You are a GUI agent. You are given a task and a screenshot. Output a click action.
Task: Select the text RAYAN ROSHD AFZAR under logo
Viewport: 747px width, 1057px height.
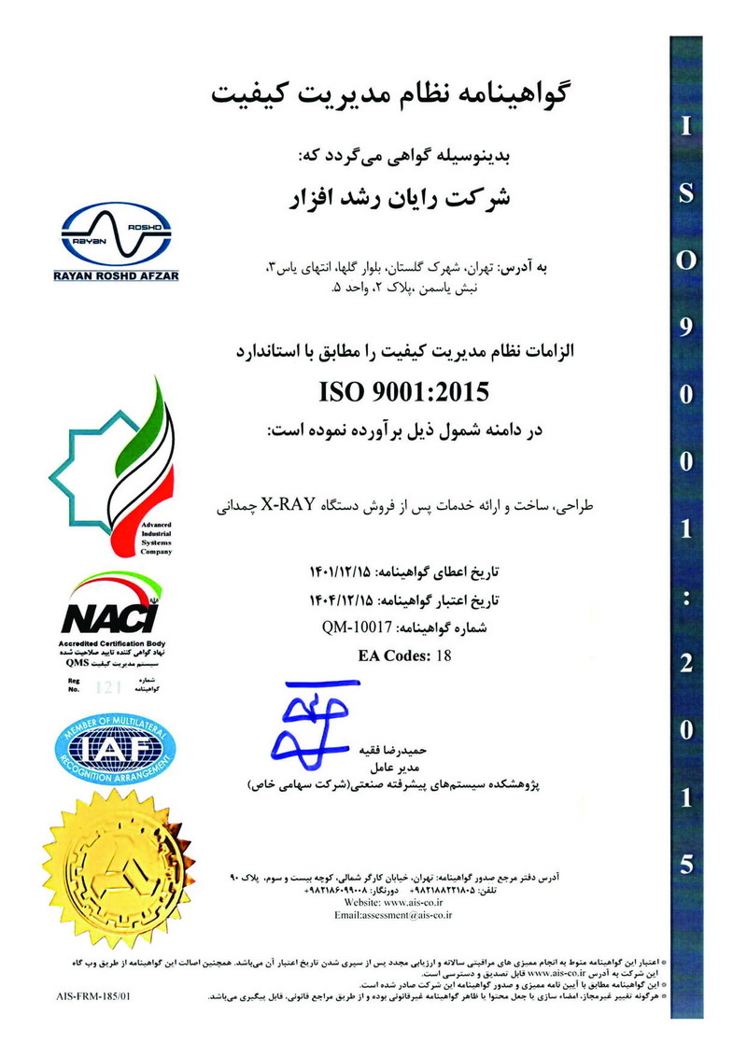tap(117, 275)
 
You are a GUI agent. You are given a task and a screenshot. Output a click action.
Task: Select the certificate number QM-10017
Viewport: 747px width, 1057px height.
tap(360, 629)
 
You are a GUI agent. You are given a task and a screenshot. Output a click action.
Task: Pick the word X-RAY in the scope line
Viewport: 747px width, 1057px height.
tap(318, 505)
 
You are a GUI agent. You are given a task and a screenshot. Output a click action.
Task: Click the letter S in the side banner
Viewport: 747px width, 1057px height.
tap(686, 193)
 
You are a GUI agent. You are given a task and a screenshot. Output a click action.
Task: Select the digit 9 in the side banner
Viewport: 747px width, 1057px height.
tap(686, 327)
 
